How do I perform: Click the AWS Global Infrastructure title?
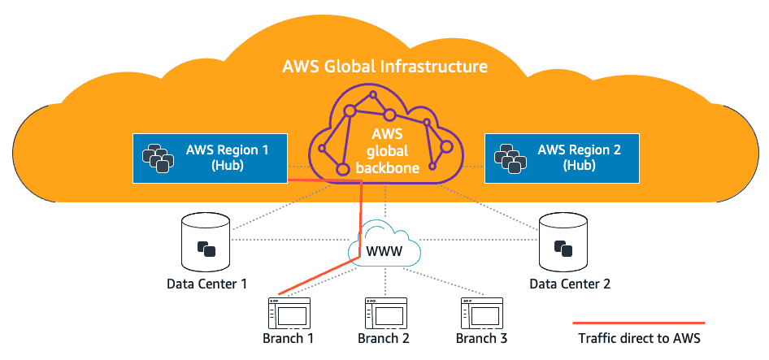click(x=384, y=66)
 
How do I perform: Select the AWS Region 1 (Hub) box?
click(x=211, y=157)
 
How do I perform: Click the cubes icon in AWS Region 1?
click(x=156, y=157)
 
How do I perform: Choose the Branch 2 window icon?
click(x=384, y=313)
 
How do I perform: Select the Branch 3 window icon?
click(x=481, y=313)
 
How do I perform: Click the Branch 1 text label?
click(x=288, y=338)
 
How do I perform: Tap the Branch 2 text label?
click(x=384, y=338)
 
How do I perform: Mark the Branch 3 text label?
click(x=481, y=338)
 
